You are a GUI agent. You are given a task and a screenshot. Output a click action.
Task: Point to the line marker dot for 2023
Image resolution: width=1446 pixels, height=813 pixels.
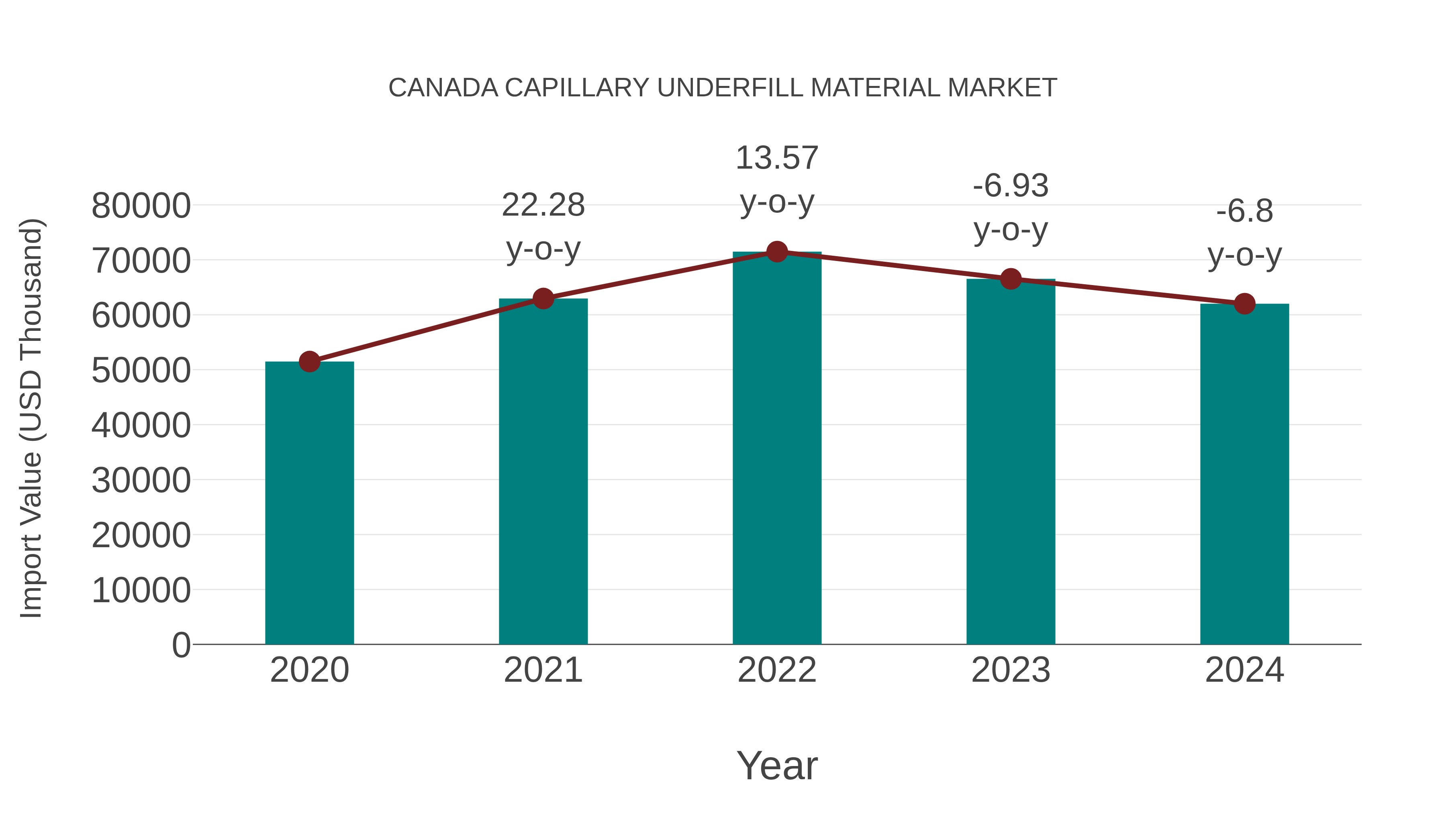point(1011,279)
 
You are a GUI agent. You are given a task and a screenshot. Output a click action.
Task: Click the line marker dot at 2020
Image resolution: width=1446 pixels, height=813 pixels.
point(309,362)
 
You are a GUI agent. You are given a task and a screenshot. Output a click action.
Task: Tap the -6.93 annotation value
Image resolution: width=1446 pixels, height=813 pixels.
point(1011,186)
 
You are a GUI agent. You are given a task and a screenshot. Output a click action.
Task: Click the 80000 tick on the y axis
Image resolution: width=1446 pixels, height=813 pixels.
point(141,206)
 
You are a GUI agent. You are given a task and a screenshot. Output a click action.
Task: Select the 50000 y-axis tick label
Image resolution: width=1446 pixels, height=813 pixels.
point(141,371)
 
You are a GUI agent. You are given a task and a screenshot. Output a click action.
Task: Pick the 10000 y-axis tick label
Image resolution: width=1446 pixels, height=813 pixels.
point(141,591)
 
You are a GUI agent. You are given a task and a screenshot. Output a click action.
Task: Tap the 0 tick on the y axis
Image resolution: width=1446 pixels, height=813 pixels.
point(181,645)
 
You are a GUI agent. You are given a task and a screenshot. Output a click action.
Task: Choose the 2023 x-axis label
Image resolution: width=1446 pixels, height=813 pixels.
point(1011,670)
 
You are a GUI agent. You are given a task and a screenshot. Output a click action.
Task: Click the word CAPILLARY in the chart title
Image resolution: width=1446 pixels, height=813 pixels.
point(577,88)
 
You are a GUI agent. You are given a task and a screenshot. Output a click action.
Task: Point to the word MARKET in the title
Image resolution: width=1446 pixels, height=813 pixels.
point(1002,88)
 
